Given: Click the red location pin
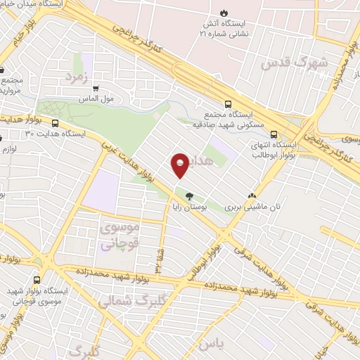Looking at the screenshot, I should pos(180,165).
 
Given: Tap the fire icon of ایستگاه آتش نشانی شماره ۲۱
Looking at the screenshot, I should pos(224,13).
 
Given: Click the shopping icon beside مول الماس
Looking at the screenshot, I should pos(95,89).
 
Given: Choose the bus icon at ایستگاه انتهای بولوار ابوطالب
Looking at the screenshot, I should pos(274,136).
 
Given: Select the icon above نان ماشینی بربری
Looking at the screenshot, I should pos(252,196).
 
